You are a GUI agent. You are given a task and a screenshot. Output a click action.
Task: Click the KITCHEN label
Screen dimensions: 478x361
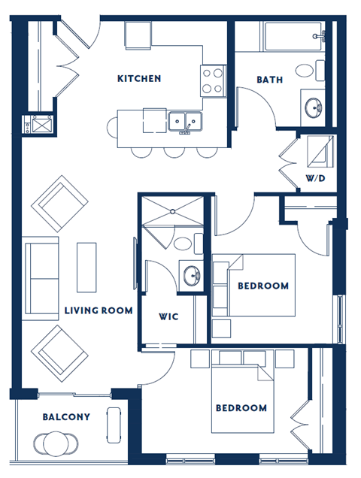[139, 78]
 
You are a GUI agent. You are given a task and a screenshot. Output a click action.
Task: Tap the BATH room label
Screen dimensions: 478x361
[270, 80]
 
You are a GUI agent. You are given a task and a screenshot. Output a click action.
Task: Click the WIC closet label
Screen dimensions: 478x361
[168, 316]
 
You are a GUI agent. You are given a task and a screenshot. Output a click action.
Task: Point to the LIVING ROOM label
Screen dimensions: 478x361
[99, 310]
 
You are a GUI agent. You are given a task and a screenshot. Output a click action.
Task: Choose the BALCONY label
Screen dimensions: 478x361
[66, 416]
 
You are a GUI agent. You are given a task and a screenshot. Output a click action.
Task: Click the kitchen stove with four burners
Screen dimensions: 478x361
[213, 80]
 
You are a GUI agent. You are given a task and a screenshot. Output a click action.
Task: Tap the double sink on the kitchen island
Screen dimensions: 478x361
[184, 120]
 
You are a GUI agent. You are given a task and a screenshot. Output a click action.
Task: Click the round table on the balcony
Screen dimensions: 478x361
[56, 445]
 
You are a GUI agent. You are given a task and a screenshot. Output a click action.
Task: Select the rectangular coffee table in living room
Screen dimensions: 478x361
[86, 266]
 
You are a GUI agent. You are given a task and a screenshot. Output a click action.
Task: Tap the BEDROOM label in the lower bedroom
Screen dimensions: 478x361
[241, 408]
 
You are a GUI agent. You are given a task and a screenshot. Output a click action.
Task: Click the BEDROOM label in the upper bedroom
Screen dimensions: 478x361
[263, 286]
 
